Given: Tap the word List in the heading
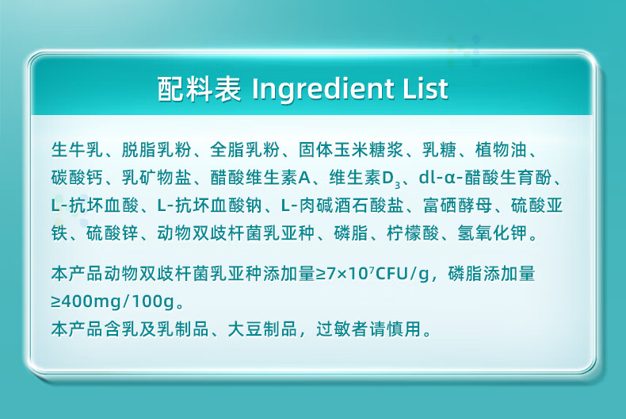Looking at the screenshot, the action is coord(426,88).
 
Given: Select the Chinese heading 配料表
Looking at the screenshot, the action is coord(199,88).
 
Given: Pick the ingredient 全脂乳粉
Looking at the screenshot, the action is coord(245,150).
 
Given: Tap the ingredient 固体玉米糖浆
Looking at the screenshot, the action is coord(351,150).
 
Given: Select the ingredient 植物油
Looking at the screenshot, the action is coord(501,150).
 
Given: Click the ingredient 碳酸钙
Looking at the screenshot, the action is coord(77,178).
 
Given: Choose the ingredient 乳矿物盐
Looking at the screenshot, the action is coord(157,178).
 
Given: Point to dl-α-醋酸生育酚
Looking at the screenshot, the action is coord(485,178).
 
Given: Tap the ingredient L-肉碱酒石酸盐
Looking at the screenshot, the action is coord(342,206).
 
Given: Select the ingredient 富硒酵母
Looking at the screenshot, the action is coord(457,206).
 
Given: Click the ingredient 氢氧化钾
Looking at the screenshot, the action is coord(492,233).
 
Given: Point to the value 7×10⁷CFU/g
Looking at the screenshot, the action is coord(378,275).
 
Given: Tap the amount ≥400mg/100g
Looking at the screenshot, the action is coord(113,302).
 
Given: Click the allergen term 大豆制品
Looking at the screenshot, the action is coord(263,329).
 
